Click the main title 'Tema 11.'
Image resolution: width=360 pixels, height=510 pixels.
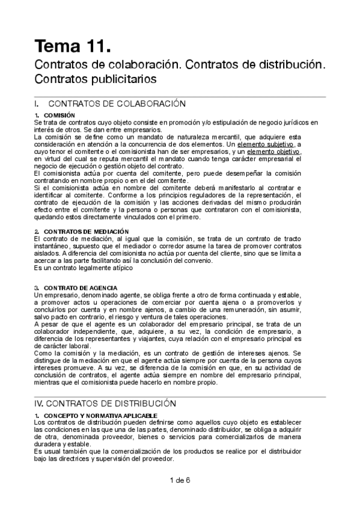pos(73,46)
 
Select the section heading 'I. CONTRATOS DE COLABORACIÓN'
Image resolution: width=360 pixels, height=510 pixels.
pos(110,103)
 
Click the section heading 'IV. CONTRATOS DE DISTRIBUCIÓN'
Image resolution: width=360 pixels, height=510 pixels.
pos(105,404)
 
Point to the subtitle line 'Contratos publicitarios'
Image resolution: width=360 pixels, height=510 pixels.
pos(96,79)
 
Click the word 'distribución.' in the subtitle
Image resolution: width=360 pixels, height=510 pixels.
pos(294,64)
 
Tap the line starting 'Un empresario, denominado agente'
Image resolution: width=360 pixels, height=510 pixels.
pos(168,295)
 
